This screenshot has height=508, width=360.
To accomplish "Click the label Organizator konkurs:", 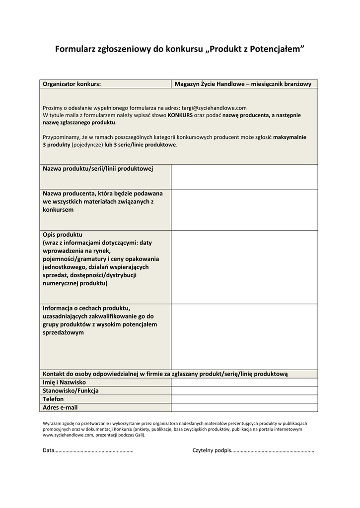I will point(72,84).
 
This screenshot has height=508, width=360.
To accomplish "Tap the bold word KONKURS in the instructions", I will point(180,115).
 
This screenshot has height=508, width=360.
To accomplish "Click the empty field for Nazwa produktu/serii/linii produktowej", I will point(244,177).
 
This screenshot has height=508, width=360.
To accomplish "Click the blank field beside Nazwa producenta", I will point(244,209).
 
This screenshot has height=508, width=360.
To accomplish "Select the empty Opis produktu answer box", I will point(244,267).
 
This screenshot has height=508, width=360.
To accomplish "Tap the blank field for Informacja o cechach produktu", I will point(244,336).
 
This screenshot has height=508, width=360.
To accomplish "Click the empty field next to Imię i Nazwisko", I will point(244,382).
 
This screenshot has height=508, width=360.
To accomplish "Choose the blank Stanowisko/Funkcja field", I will point(244,391).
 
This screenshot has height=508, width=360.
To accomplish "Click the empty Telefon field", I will point(244,399).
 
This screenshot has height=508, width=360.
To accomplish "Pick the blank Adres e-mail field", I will point(244,407).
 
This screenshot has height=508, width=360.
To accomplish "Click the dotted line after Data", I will point(94,451).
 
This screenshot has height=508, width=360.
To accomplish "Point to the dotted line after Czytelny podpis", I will point(273,451).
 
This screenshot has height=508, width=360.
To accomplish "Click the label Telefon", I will point(53,399).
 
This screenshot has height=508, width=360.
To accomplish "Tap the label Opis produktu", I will point(63,234).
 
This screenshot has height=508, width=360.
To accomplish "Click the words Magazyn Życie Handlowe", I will point(209,84).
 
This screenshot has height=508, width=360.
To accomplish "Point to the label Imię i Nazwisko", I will point(64,382).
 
